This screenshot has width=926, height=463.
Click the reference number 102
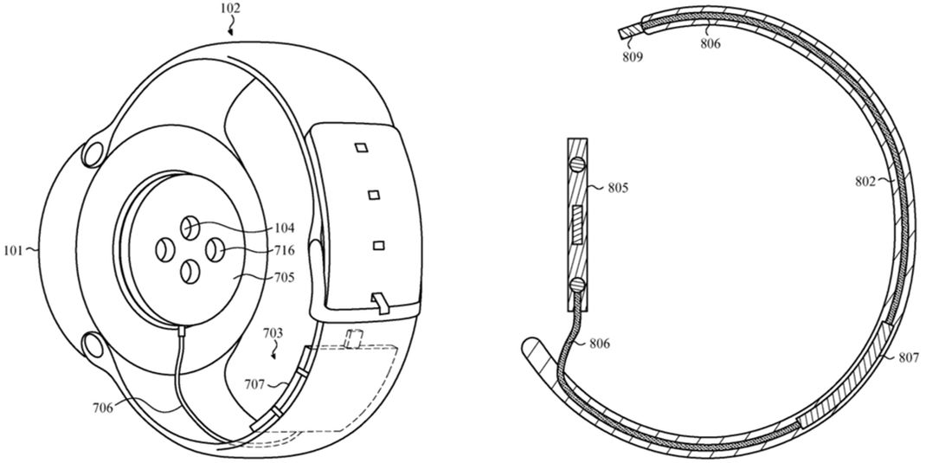coord(229,9)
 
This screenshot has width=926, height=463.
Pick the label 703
coord(272,334)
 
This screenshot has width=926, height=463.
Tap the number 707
coord(255,384)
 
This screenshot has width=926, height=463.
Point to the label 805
coord(617,189)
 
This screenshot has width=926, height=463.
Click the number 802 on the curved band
coord(865,182)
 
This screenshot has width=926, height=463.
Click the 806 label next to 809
coord(710,43)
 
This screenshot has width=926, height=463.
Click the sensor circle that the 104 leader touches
coord(190,228)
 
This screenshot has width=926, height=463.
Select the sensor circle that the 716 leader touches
coord(214,250)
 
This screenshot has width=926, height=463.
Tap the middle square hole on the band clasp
coord(373,195)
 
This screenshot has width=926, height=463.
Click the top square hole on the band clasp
coord(362,147)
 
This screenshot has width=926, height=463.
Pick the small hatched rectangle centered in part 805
coord(577,226)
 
